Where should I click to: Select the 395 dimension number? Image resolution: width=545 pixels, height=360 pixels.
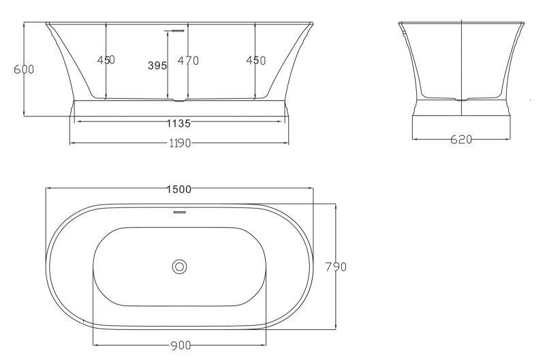pos(157,65)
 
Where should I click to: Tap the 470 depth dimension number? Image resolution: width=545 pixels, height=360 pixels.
pos(188,61)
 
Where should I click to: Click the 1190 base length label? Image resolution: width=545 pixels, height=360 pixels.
pos(179,142)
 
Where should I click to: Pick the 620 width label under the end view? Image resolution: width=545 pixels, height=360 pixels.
pos(461,140)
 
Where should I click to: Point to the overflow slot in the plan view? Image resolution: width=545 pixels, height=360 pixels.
pos(179,212)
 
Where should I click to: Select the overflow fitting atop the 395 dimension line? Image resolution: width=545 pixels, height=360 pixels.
pos(176,31)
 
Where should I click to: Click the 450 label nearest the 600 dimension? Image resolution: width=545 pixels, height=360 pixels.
pos(106,60)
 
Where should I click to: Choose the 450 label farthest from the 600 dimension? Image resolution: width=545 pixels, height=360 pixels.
pos(255,60)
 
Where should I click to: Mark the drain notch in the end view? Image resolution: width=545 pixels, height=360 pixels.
pos(463,100)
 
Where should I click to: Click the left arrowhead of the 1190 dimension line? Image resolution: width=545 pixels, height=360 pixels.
pos(72,142)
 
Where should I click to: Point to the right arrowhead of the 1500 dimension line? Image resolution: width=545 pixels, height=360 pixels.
pos(311,189)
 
